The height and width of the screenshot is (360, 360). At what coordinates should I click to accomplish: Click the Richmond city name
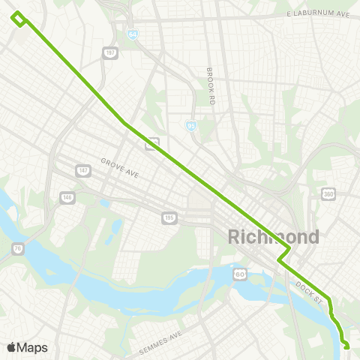273,237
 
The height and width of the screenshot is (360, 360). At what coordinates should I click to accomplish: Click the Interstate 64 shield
132,34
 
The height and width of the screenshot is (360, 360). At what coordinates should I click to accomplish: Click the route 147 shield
82,171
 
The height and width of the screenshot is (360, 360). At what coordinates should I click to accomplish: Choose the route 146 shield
67,197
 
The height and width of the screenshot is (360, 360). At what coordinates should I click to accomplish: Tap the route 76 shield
17,247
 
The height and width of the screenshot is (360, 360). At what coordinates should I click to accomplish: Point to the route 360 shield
328,193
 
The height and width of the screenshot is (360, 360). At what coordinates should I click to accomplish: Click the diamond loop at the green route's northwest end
19,19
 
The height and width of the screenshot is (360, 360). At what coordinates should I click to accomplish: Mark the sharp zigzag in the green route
283,256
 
